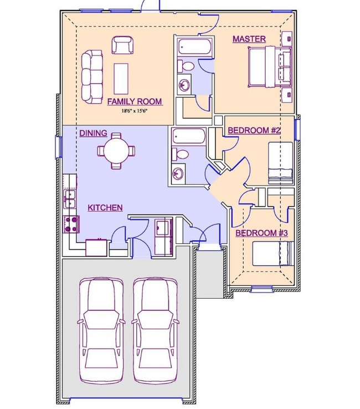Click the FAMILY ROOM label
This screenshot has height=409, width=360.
[x=135, y=101]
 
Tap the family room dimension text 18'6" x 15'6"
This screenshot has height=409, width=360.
[x=135, y=111]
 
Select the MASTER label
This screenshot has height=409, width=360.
[x=249, y=39]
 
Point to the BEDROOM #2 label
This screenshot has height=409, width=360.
[x=254, y=130]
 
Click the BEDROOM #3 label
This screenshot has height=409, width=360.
[x=262, y=233]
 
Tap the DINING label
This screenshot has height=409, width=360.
[x=94, y=133]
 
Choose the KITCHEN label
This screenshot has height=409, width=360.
[x=105, y=208]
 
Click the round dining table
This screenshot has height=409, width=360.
[x=116, y=151]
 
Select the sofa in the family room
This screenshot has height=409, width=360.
[x=92, y=76]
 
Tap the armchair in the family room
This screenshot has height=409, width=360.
[x=123, y=45]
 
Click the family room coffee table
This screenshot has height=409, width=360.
[x=121, y=79]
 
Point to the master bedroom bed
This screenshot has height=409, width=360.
[x=270, y=67]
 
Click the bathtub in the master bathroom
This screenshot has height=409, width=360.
[x=196, y=47]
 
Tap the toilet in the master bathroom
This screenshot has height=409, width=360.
[x=186, y=66]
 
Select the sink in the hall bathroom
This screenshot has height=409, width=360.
[x=178, y=173]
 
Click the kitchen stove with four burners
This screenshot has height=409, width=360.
[x=71, y=224]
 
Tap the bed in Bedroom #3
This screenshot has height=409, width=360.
[x=274, y=254]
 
